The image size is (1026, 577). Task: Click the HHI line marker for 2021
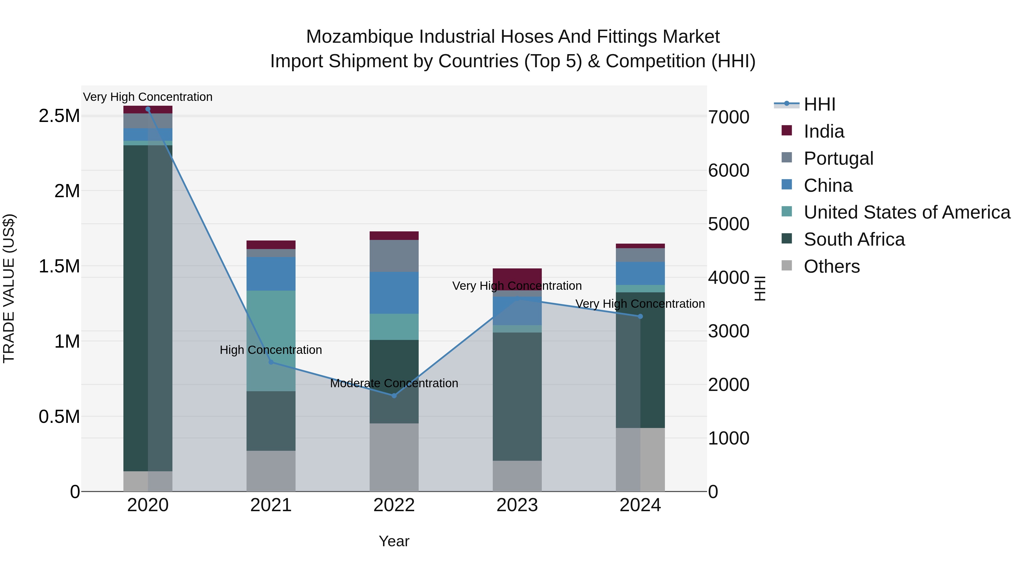[x=271, y=362]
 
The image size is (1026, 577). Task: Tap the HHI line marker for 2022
[x=394, y=395]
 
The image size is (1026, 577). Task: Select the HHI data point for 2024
[x=640, y=316]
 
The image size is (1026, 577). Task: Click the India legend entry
[x=823, y=131]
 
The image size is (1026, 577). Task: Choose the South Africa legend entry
[x=854, y=239]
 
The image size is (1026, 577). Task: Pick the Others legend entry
[x=831, y=266]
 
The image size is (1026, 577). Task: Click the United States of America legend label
[x=907, y=212]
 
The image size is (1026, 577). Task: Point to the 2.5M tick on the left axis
[x=59, y=116]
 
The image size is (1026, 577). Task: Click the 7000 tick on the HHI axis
[x=728, y=117]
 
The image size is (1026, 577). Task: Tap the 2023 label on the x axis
[x=517, y=505]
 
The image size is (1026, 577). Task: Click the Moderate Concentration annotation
[x=394, y=383]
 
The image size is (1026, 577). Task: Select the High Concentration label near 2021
[x=271, y=350]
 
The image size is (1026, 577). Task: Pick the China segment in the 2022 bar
[x=394, y=293]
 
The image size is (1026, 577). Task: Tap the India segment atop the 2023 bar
[x=517, y=275]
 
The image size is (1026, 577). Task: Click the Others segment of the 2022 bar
[x=394, y=457]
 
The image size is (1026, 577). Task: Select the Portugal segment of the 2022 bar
[x=394, y=256]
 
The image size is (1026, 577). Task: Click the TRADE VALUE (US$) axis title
[x=9, y=288]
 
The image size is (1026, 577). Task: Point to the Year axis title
[x=394, y=541]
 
